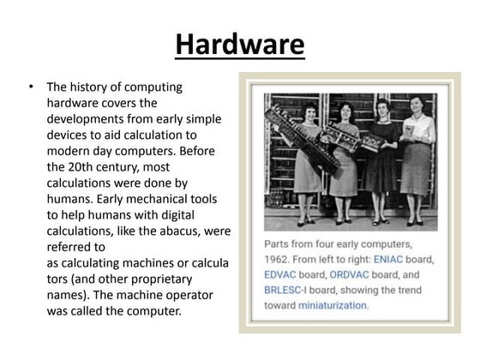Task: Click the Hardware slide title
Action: pyautogui.click(x=240, y=43)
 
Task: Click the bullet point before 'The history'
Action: pyautogui.click(x=32, y=87)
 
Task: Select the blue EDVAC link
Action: pyautogui.click(x=283, y=275)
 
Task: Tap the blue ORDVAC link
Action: pyautogui.click(x=351, y=275)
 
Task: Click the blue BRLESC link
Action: pyautogui.click(x=285, y=290)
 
